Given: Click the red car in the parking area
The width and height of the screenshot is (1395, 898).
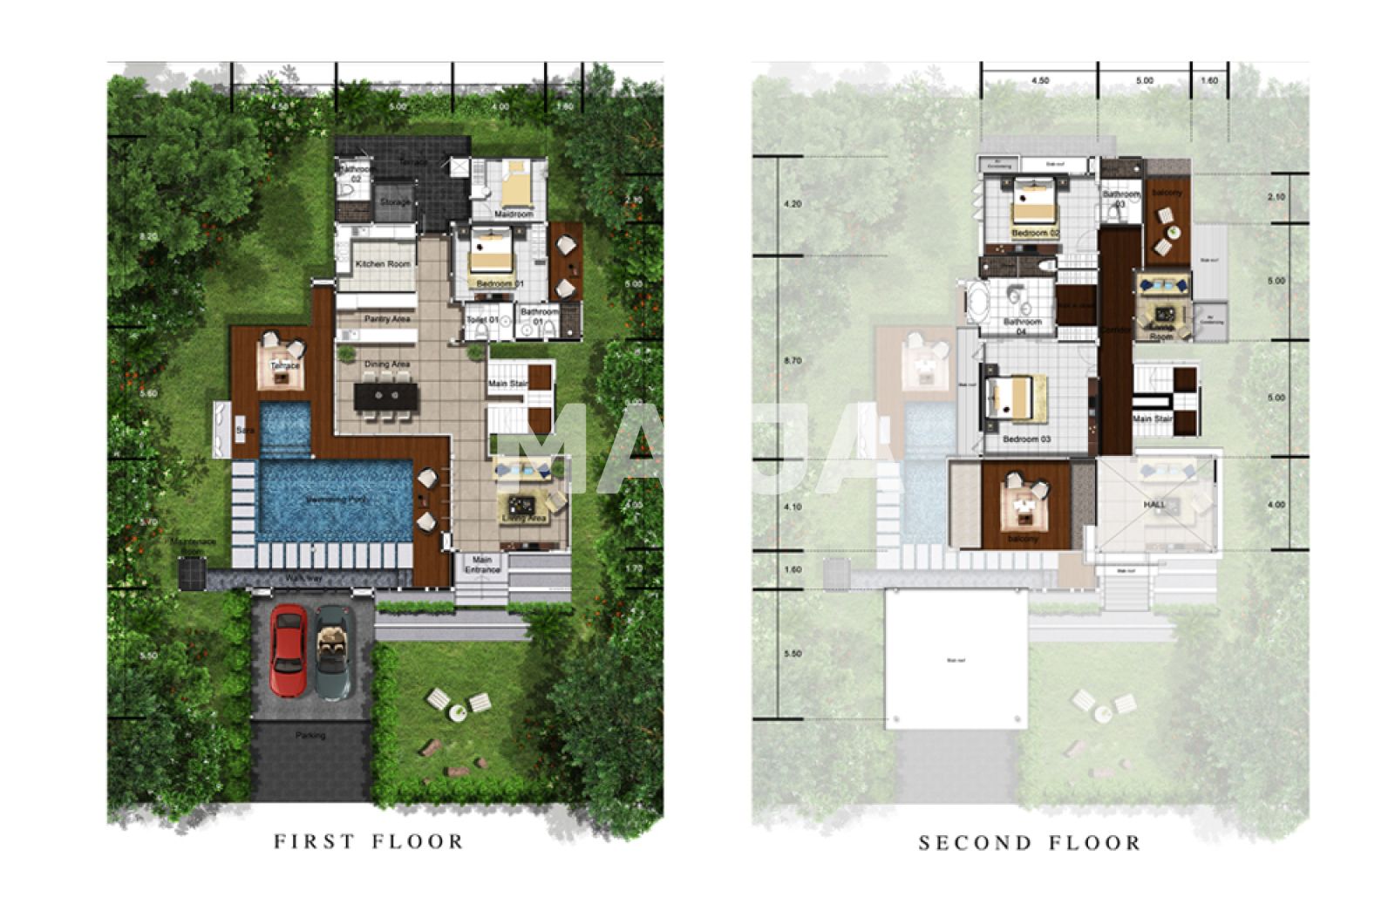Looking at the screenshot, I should pos(288,650).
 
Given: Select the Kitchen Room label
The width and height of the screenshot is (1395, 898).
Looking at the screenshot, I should pos(383,264).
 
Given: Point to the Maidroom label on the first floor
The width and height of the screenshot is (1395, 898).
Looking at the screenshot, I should pos(514,214).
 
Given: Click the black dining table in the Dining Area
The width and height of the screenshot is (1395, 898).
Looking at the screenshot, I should pos(386,397).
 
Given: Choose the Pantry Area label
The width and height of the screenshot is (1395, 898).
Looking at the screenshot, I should pos(387,319).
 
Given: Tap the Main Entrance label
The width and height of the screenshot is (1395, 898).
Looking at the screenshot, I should pos(482,565).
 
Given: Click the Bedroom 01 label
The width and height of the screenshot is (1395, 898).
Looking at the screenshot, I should pos(500,284).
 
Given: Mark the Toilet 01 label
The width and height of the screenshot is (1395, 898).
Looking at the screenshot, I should pos(482,320).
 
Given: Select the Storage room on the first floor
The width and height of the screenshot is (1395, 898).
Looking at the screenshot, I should pos(395,202).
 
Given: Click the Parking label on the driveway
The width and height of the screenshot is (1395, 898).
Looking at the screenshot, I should pos(310,736).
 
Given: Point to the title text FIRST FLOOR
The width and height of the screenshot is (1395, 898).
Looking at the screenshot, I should pos(369,841).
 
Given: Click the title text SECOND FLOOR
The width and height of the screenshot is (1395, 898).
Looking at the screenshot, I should pos(1030,843).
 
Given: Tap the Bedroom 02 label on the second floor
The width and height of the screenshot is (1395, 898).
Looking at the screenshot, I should pos(1035,234).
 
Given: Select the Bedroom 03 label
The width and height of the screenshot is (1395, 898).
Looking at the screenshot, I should pos(1026,439).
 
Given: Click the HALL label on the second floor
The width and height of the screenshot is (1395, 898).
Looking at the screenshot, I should pos(1154,505).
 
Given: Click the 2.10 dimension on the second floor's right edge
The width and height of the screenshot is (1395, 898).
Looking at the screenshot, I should pos(1276,197).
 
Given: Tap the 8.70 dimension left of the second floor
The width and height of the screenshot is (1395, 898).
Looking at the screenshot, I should pos(793,360).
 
